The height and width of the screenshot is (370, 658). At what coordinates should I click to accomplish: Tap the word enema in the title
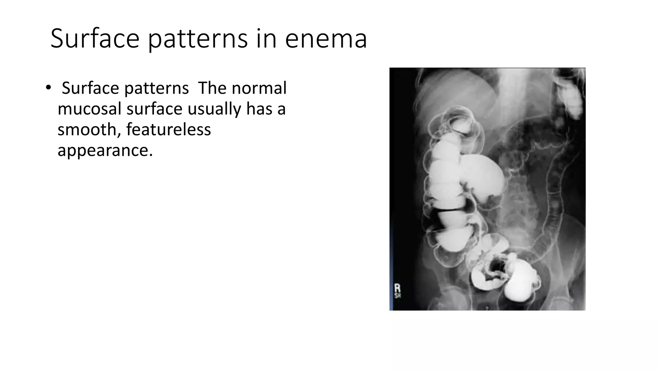(x=326, y=39)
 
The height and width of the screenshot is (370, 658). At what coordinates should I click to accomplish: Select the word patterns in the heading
(x=198, y=39)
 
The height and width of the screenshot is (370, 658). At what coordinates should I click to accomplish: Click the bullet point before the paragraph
(x=48, y=87)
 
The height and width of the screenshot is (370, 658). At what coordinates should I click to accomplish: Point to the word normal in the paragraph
(x=259, y=88)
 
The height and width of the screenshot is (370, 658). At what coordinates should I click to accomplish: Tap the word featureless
(x=168, y=129)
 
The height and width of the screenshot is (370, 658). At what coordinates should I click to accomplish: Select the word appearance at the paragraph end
(x=105, y=150)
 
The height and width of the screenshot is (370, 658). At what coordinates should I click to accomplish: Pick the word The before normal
(x=212, y=88)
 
